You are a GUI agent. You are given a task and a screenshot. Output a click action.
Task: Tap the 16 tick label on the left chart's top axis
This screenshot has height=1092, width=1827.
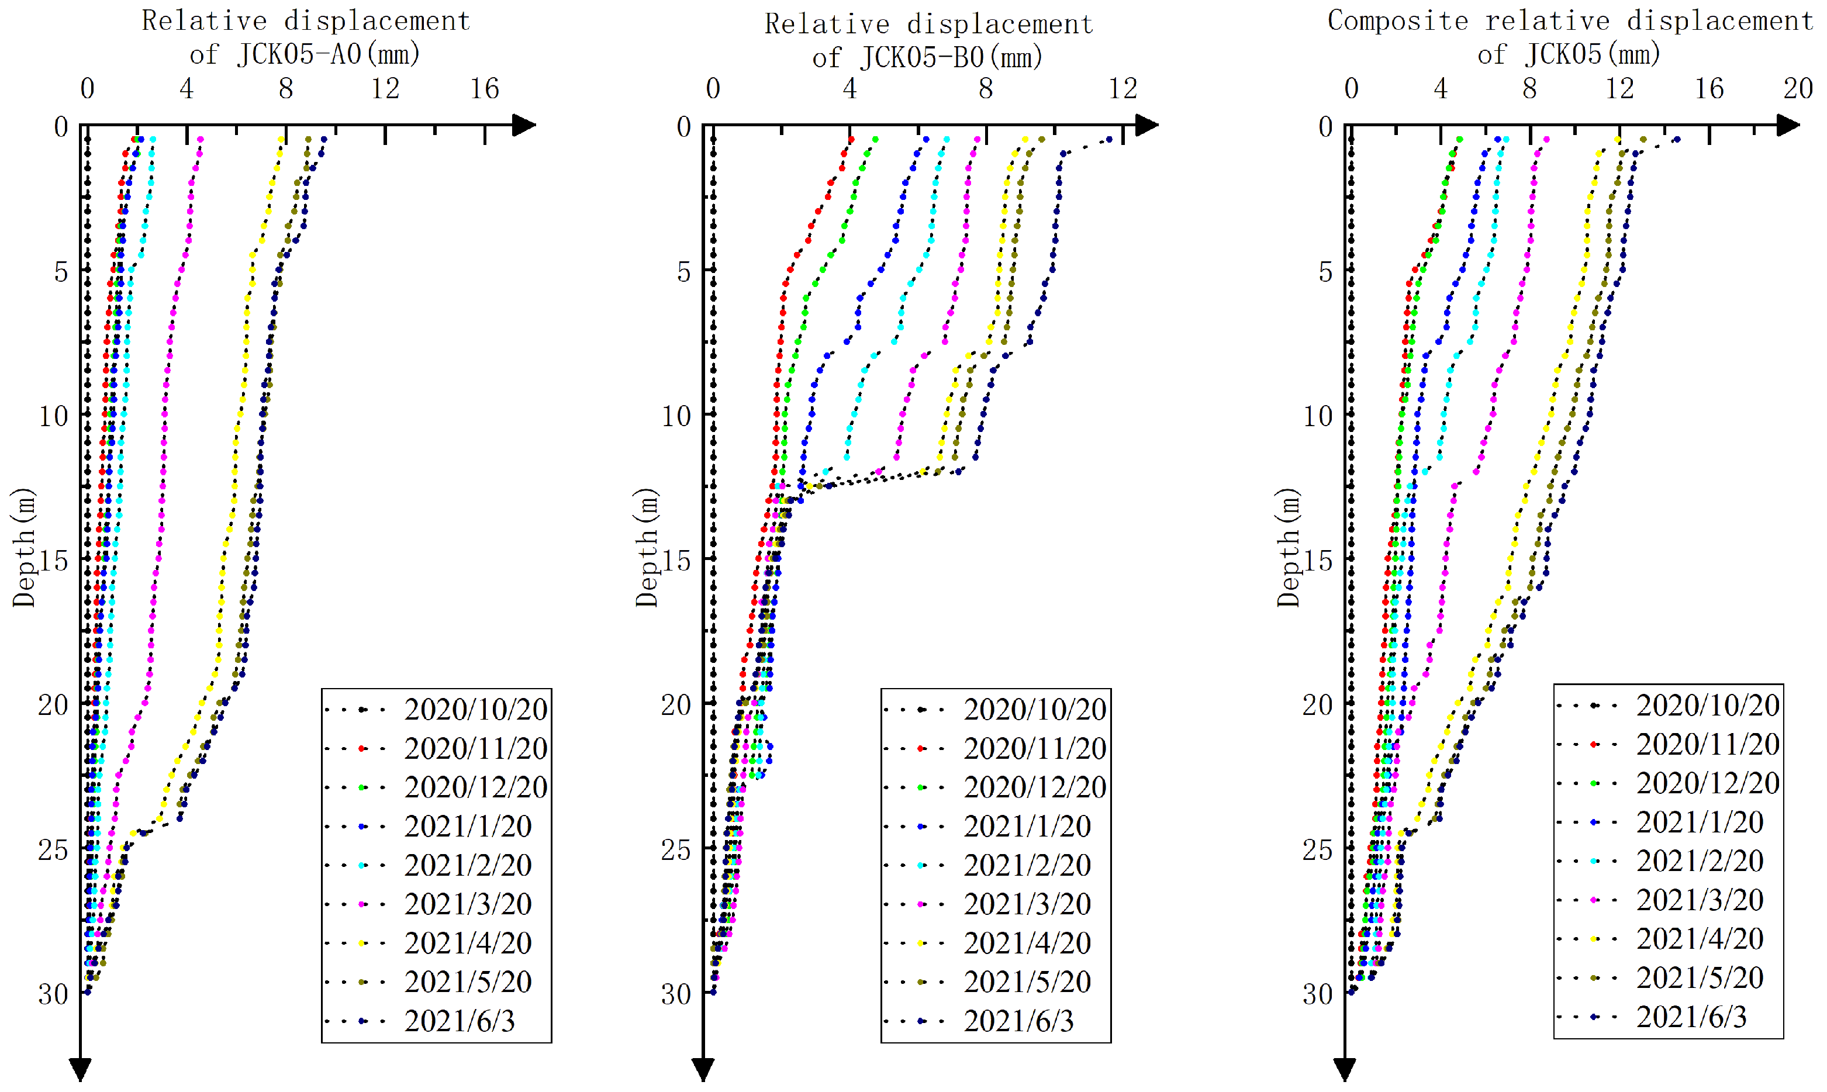(x=484, y=89)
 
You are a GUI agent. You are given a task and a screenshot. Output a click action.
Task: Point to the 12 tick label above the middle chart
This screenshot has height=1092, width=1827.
(x=1122, y=89)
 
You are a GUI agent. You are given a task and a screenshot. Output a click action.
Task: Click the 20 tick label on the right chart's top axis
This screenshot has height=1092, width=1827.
(x=1798, y=89)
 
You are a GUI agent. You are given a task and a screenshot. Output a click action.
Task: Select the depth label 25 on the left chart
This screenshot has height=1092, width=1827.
(x=53, y=850)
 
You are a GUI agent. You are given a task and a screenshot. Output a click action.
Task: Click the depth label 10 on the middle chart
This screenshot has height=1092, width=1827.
(x=676, y=416)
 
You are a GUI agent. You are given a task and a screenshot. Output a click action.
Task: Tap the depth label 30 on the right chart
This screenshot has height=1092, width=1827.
(x=1318, y=994)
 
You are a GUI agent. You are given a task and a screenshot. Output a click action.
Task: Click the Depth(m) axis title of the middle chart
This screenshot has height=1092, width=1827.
(x=646, y=548)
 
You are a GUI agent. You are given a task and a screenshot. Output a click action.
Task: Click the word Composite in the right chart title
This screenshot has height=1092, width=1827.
(x=1397, y=20)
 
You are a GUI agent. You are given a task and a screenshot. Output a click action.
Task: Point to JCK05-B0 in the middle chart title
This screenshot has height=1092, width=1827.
(x=921, y=57)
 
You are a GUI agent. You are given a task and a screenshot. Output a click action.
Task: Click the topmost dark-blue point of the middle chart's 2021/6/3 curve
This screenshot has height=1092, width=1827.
(x=1109, y=139)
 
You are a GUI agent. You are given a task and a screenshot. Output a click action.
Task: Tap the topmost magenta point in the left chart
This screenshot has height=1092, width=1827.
(x=200, y=139)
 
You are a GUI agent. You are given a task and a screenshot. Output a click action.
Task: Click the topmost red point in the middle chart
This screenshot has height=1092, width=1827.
(x=851, y=139)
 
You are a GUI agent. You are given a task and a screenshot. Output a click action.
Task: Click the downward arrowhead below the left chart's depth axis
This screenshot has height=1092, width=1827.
(x=80, y=1069)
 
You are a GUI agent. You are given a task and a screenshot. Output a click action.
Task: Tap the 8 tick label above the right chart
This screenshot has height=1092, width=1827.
(x=1530, y=89)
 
